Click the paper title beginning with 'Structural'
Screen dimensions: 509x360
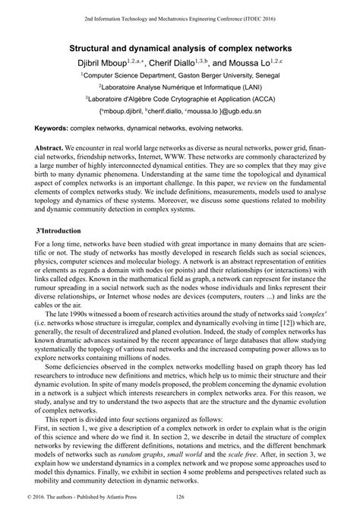tap(180, 48)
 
